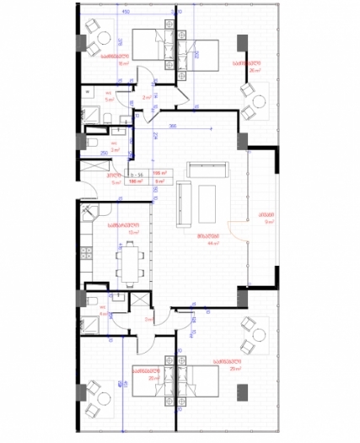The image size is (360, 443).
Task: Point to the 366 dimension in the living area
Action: (173, 126)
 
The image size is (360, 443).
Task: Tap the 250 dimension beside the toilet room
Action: (91, 153)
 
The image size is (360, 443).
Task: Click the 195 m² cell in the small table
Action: (157, 172)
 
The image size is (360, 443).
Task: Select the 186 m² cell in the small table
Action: (135, 181)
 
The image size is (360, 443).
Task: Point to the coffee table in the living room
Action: (207, 203)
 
